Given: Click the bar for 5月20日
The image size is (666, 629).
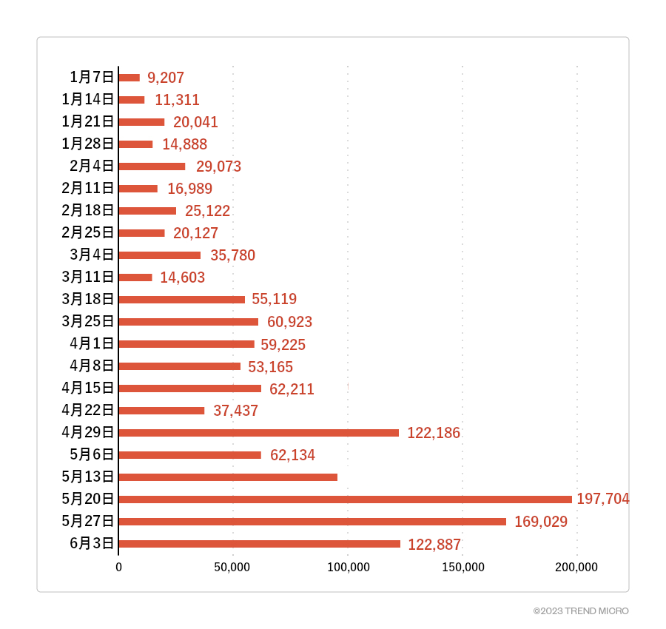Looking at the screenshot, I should point(345,499).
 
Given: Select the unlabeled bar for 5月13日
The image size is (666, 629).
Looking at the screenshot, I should point(228,477).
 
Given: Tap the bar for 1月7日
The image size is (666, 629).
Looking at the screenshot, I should point(129,78).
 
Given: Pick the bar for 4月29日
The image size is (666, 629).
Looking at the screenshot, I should point(259,433).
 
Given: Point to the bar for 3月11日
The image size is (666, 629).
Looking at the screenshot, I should point(135,277).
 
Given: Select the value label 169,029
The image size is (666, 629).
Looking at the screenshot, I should point(540,522).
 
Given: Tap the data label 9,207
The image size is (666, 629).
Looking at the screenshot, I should point(166,78).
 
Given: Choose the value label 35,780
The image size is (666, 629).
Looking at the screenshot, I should point(232,255).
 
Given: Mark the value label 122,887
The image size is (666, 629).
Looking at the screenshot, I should point(434,545).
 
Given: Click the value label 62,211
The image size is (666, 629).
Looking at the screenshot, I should point(292,388).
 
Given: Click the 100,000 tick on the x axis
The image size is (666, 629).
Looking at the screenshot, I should point(348,568).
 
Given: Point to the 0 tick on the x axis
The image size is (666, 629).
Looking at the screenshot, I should point(118,568).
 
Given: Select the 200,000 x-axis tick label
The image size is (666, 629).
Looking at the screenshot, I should point(576,568).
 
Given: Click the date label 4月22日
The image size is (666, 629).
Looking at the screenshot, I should point(88,410).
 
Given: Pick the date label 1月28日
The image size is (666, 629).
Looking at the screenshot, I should point(88,144).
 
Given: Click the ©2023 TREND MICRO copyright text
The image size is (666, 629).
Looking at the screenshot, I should point(581,611).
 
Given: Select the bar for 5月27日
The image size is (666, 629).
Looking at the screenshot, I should point(312,522).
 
